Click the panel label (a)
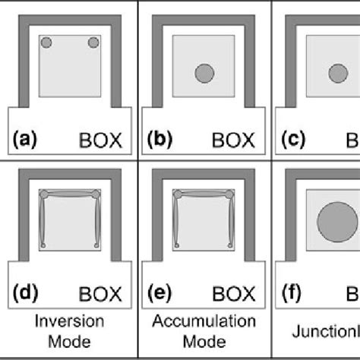(x=25, y=140)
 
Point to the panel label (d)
(x=25, y=290)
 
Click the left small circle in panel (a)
(x=46, y=43)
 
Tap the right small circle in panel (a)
(x=94, y=43)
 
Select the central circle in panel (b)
(x=204, y=73)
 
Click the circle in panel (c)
(x=337, y=73)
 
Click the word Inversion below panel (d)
(x=69, y=321)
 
